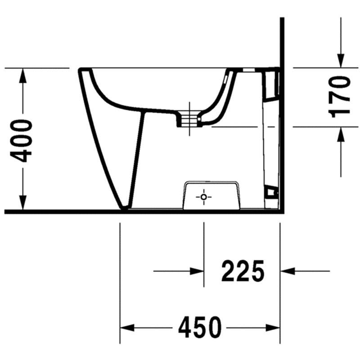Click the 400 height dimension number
(21, 141)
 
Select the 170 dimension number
(339, 97)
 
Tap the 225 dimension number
(243, 271)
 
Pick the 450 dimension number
(200, 328)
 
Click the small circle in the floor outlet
(203, 197)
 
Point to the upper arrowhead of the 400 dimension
(23, 76)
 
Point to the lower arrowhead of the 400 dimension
(23, 202)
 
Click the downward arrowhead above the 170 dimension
(341, 61)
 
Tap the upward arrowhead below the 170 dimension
(341, 134)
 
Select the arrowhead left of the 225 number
(197, 271)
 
